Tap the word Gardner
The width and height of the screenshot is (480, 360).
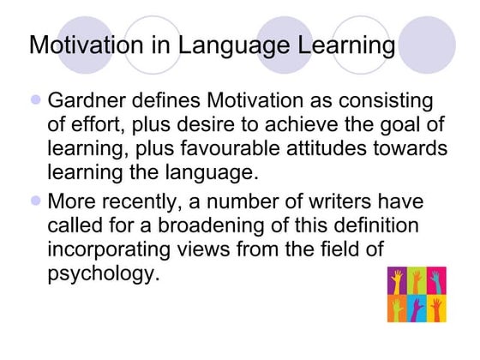88,101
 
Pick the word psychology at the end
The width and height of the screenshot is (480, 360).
103,277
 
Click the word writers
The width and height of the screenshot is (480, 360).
334,205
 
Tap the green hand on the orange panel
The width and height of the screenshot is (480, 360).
398,308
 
